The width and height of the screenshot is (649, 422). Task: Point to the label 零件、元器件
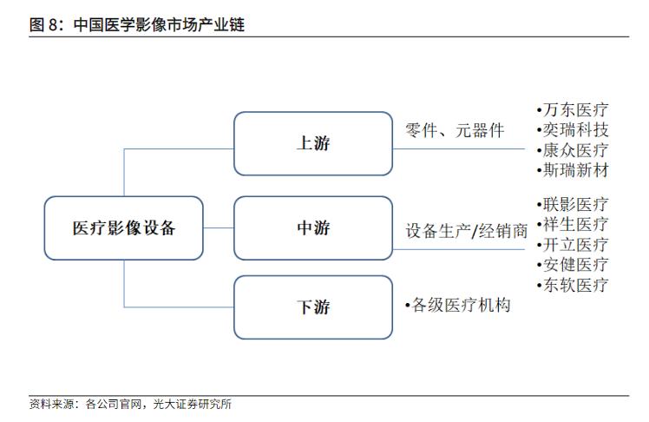[455, 130]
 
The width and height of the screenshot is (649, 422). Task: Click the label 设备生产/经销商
[466, 231]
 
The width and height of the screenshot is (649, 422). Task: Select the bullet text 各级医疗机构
[461, 306]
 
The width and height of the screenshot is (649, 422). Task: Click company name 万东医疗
[575, 109]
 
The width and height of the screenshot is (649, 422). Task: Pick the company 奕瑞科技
[575, 130]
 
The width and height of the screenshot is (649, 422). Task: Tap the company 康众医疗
[575, 150]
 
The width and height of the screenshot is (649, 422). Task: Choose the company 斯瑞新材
[575, 170]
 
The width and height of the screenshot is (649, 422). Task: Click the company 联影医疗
[575, 204]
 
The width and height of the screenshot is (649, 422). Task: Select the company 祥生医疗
[575, 224]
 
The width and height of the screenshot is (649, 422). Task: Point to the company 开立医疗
[575, 244]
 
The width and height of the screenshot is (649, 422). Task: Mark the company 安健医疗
[575, 264]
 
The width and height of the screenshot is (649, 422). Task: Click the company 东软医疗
[575, 285]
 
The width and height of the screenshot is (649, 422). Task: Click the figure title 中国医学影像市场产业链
[159, 25]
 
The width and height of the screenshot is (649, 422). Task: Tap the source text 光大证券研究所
[192, 404]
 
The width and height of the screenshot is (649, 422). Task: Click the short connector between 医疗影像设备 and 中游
[219, 227]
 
